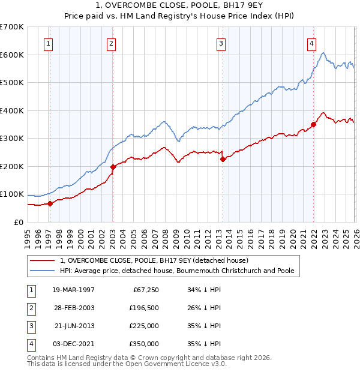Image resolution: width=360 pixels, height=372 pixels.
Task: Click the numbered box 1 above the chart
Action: pyautogui.click(x=47, y=43)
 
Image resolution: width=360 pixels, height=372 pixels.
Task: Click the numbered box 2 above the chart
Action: pyautogui.click(x=112, y=43)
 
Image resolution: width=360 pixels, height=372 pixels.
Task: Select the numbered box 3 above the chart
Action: pyautogui.click(x=221, y=43)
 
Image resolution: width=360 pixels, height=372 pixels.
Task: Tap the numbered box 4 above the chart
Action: pyautogui.click(x=312, y=43)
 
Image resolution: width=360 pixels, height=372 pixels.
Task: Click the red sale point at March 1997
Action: pyautogui.click(x=50, y=203)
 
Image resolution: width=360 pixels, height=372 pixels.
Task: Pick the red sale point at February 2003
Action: pyautogui.click(x=113, y=167)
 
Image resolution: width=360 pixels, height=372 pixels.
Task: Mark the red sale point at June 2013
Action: pyautogui.click(x=223, y=160)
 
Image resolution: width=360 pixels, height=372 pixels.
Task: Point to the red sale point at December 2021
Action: pyautogui.click(x=313, y=125)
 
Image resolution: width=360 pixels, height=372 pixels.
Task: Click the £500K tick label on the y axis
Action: pyautogui.click(x=12, y=83)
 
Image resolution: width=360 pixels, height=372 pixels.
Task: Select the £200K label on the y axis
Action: pyautogui.click(x=12, y=166)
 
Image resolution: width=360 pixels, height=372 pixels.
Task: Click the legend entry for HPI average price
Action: pyautogui.click(x=177, y=271)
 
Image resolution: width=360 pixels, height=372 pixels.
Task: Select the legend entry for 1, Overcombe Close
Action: pyautogui.click(x=158, y=260)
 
